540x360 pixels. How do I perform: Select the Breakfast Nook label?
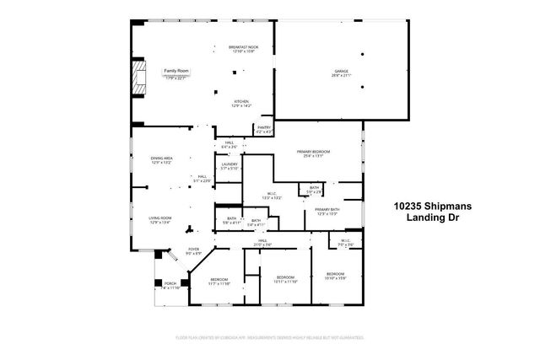pyautogui.click(x=243, y=49)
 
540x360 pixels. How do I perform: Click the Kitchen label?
pyautogui.click(x=242, y=104)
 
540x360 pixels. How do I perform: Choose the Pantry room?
pyautogui.click(x=263, y=129)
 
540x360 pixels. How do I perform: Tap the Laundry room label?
pyautogui.click(x=229, y=166)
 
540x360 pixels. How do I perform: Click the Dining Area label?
pyautogui.click(x=161, y=160)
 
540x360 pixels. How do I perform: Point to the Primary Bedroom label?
pyautogui.click(x=313, y=153)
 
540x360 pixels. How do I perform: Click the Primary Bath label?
pyautogui.click(x=327, y=211)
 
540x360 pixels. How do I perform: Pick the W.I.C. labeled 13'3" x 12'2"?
pyautogui.click(x=271, y=196)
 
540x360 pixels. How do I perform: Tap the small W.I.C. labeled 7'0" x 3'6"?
pyautogui.click(x=345, y=242)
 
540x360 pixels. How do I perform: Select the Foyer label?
pyautogui.click(x=193, y=250)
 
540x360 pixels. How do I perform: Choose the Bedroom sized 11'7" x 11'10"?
pyautogui.click(x=219, y=282)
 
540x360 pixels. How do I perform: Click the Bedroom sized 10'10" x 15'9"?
pyautogui.click(x=335, y=276)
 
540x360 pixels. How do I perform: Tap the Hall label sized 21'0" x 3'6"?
pyautogui.click(x=262, y=243)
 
